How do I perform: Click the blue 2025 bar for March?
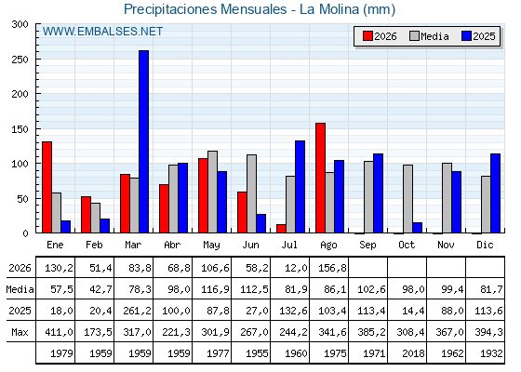tap(144, 141)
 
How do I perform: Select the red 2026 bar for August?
tap(320, 178)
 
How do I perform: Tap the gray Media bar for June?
tap(251, 193)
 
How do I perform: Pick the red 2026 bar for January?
tap(47, 187)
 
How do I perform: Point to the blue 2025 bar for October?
tap(418, 228)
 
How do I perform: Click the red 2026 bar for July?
tap(281, 229)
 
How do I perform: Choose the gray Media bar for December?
tap(486, 205)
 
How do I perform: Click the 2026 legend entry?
tap(380, 36)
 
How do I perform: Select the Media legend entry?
tap(429, 36)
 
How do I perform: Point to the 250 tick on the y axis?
tap(36, 60)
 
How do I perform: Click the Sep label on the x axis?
tap(367, 246)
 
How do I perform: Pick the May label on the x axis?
tap(211, 246)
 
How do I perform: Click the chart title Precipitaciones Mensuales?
tap(206, 9)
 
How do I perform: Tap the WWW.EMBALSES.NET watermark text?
tap(102, 32)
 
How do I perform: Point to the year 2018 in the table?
tap(413, 353)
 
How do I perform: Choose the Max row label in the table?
tap(20, 332)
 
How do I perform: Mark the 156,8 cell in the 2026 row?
tap(332, 268)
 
